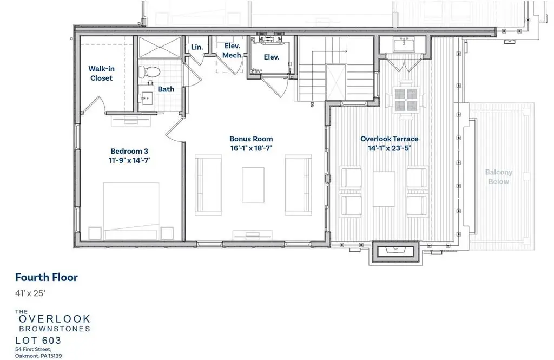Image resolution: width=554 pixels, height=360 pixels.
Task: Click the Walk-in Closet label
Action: pyautogui.click(x=101, y=73)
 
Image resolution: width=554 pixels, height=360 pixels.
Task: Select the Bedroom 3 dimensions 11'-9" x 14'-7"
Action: pyautogui.click(x=130, y=160)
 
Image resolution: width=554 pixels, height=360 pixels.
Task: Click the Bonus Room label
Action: pyautogui.click(x=251, y=139)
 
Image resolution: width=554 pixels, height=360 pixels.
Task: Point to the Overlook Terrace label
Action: pyautogui.click(x=390, y=139)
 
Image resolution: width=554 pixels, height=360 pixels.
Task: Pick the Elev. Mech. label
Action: pyautogui.click(x=233, y=50)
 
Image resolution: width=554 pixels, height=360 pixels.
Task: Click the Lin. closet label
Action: pyautogui.click(x=197, y=47)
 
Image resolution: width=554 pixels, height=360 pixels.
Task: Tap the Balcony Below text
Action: pyautogui.click(x=498, y=177)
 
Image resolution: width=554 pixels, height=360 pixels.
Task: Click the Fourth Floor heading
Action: pyautogui.click(x=47, y=277)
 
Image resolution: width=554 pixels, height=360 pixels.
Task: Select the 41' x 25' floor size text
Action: pyautogui.click(x=30, y=293)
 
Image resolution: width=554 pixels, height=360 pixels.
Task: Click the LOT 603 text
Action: pyautogui.click(x=38, y=341)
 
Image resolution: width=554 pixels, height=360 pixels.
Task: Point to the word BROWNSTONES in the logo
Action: pyautogui.click(x=55, y=329)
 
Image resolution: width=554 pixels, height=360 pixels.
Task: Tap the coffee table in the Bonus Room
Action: pyautogui.click(x=253, y=185)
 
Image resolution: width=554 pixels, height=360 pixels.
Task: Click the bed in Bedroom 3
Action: pyautogui.click(x=131, y=211)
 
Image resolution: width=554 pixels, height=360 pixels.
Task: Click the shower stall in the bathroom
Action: pyautogui.click(x=160, y=48)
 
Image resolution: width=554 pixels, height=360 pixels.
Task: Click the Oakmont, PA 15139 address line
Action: pyautogui.click(x=38, y=356)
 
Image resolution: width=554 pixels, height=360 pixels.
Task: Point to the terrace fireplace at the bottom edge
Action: pyautogui.click(x=395, y=251)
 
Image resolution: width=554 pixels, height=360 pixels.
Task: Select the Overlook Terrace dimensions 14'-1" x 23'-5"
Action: pyautogui.click(x=390, y=148)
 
